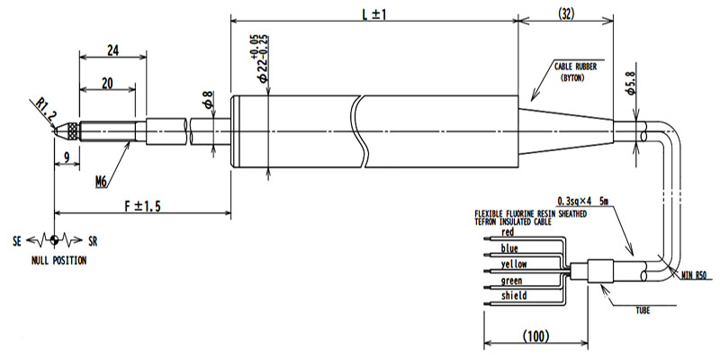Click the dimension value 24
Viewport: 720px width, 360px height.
[x=112, y=50]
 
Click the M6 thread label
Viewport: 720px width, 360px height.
[x=103, y=183]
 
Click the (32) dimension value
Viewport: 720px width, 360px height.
[x=567, y=13]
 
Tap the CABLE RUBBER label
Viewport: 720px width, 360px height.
[x=575, y=67]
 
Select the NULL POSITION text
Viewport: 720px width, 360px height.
[x=57, y=261]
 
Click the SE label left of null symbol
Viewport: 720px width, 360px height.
[x=19, y=241]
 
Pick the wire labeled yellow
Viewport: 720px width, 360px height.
[x=513, y=264]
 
